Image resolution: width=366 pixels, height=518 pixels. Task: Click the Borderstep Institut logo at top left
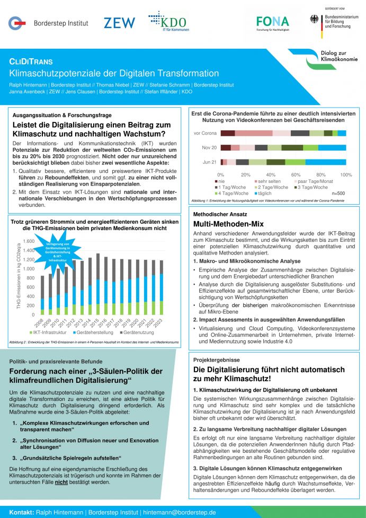point(48,23)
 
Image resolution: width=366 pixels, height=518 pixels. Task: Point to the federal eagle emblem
point(314,19)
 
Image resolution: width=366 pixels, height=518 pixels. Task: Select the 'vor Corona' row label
point(205,133)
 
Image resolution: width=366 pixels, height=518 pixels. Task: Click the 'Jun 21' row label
point(210,162)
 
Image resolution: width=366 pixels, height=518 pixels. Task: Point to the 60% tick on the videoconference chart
point(296,174)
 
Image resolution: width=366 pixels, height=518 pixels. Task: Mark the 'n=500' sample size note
point(337,194)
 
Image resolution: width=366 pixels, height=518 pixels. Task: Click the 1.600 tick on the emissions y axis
point(29,241)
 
